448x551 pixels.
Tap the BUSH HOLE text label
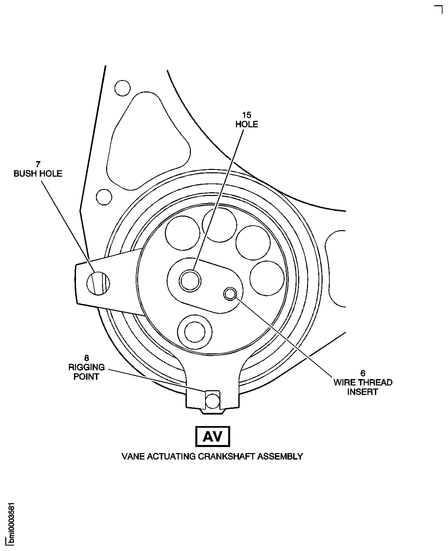(x=38, y=174)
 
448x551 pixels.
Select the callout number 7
(x=38, y=164)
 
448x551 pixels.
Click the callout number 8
(x=86, y=358)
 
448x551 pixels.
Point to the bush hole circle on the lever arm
(x=98, y=283)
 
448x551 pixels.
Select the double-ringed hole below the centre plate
(x=195, y=332)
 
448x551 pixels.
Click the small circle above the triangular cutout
(x=122, y=88)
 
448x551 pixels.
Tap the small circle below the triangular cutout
(x=104, y=197)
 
